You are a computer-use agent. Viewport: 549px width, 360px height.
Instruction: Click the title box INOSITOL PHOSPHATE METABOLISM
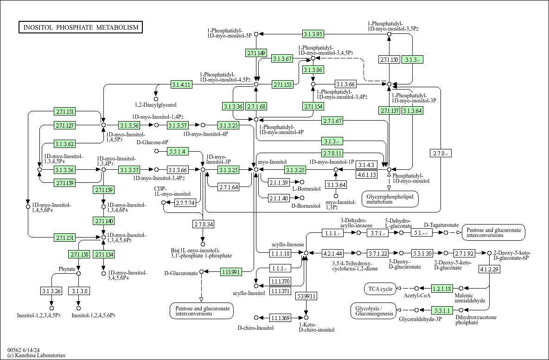coord(81,27)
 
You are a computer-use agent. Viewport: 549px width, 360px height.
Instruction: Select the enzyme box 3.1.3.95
coord(313,34)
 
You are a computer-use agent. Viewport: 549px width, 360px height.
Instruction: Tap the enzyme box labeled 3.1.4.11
coord(182,84)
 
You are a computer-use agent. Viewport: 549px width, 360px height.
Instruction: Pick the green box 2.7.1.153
coord(282,84)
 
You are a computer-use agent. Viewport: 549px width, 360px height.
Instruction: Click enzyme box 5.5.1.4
coord(178,151)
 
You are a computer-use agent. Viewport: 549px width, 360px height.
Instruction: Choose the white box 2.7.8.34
coord(203,224)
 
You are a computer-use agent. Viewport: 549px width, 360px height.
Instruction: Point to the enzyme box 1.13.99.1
coord(231,272)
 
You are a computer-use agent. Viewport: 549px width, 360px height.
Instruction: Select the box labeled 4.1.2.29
coord(489,269)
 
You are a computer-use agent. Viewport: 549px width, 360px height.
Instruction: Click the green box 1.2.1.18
coord(442,289)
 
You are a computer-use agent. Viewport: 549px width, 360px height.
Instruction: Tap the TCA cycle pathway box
coord(380,289)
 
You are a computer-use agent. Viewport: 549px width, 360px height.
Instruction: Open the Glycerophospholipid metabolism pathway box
coord(390,199)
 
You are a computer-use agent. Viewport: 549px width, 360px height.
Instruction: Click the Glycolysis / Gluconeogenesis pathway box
coord(374,311)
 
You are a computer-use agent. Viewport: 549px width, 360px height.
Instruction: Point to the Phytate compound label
coord(67,269)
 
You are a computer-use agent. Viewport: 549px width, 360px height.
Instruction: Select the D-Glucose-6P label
coord(152,142)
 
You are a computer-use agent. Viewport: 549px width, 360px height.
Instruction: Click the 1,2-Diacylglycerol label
coord(156,105)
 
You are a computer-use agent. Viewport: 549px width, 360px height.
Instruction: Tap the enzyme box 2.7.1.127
coord(64,125)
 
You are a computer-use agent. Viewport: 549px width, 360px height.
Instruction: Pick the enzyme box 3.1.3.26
coord(51,291)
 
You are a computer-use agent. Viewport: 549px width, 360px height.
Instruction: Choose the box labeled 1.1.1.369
coord(280,318)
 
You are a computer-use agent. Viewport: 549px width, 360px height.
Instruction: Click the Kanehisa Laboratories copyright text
coord(36,355)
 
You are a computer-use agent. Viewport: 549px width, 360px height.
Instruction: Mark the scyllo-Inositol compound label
coord(249,293)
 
